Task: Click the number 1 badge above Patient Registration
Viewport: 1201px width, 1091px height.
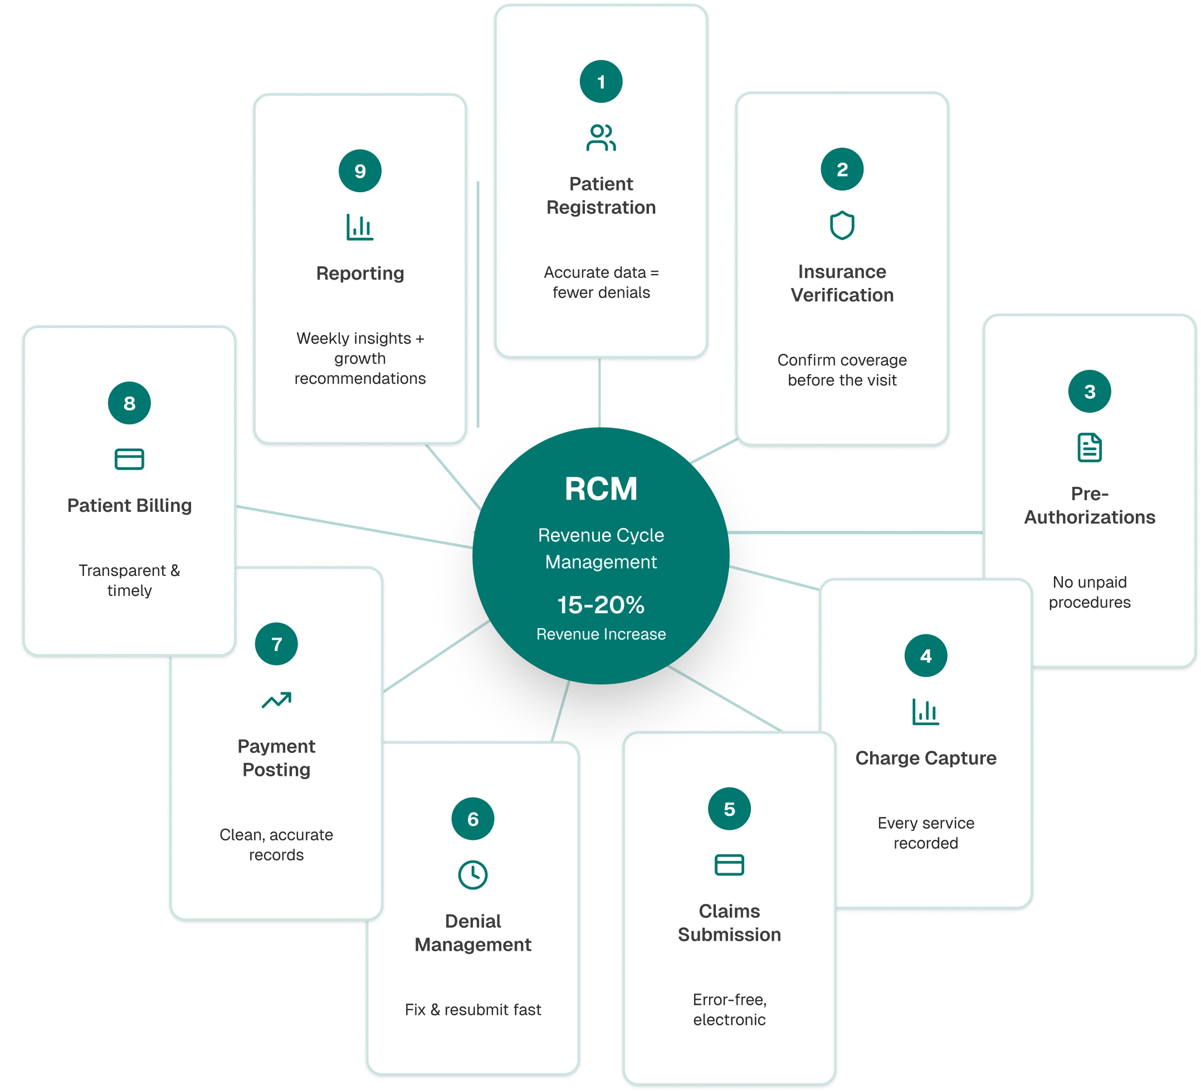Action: pos(600,81)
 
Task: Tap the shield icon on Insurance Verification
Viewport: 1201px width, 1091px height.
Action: pos(842,225)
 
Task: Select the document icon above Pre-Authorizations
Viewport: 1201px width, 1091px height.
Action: pos(1089,447)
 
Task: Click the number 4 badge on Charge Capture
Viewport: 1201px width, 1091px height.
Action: pos(925,655)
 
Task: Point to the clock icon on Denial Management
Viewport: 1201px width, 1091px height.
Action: pos(472,875)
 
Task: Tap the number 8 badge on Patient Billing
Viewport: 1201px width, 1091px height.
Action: pos(129,403)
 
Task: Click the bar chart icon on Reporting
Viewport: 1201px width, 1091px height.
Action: pos(360,227)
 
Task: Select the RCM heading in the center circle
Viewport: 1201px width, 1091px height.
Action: pos(600,489)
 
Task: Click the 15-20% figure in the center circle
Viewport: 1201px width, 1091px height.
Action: pos(600,605)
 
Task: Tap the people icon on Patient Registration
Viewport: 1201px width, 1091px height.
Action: pos(600,138)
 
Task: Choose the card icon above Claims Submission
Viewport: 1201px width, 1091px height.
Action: pos(729,865)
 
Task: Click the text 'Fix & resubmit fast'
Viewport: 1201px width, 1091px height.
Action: pos(472,1010)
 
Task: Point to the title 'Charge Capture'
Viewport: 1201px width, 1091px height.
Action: pos(925,758)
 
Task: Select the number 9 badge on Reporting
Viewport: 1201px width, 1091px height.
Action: pos(360,171)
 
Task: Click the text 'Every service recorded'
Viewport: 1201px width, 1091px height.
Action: pos(925,833)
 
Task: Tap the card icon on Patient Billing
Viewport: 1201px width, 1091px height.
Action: pos(129,459)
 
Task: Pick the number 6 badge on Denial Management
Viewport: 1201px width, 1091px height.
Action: pos(472,819)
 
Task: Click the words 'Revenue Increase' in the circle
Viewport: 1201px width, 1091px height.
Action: pos(600,634)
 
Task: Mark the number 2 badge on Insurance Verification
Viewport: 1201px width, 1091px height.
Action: pos(842,170)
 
